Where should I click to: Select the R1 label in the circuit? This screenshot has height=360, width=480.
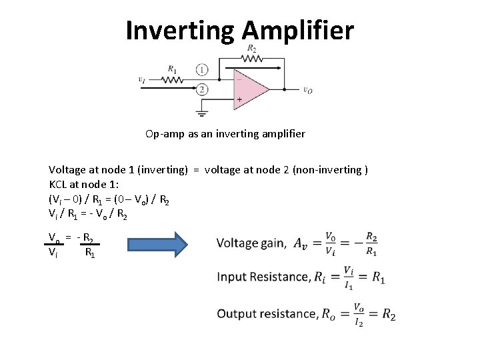[x=173, y=68]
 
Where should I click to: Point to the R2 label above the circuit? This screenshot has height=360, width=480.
[x=252, y=49]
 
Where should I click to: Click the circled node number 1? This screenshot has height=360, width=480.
[x=202, y=69]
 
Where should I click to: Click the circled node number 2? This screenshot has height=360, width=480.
[x=202, y=89]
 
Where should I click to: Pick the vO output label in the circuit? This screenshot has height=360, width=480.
[x=307, y=91]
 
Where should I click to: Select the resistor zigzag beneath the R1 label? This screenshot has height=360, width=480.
[x=173, y=80]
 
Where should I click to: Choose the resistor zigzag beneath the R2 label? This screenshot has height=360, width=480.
[x=252, y=58]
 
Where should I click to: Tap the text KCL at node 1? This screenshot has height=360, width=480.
[x=81, y=184]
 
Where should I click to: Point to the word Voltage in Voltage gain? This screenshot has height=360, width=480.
[x=237, y=243]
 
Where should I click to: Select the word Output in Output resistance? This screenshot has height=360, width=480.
[x=236, y=314]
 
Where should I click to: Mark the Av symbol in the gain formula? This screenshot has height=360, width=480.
[x=301, y=244]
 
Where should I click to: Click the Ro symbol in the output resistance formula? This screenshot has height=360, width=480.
[x=329, y=315]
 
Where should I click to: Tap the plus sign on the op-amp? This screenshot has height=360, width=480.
[x=239, y=99]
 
